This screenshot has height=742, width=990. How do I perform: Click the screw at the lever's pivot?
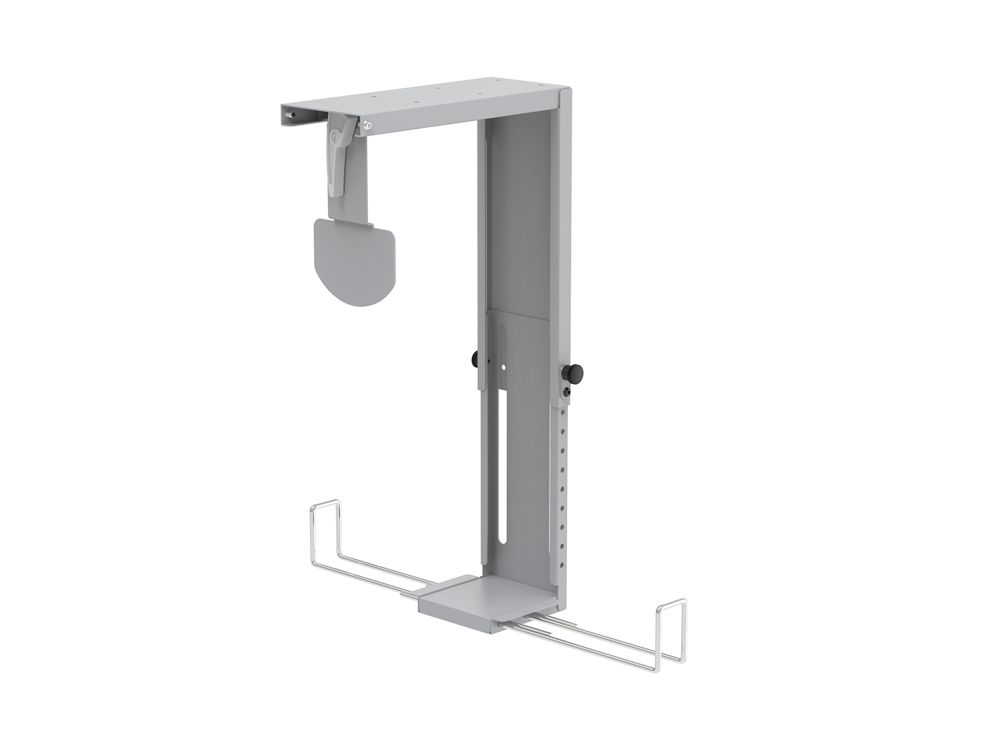point(336,137)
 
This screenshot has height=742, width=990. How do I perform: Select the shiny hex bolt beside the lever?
point(366,124)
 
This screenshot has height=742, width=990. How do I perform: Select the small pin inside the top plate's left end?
point(291,115)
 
